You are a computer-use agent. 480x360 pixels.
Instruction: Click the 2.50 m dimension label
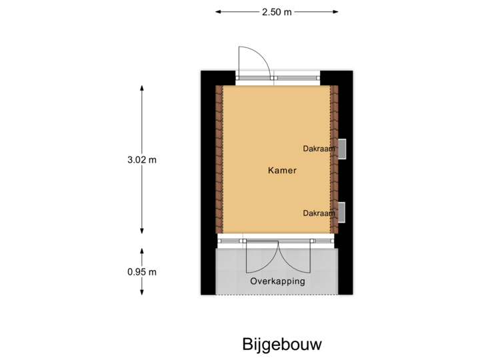(277, 11)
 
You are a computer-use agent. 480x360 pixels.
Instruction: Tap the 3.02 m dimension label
(142, 159)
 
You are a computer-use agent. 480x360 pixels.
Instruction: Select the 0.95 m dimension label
(142, 271)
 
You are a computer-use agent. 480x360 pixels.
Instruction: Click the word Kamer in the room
(282, 171)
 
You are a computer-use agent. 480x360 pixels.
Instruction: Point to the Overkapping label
(277, 281)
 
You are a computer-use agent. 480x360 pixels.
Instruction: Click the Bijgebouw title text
(282, 344)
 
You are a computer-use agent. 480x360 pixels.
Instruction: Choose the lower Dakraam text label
(319, 213)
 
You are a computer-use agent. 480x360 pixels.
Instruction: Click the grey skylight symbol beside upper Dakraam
(341, 149)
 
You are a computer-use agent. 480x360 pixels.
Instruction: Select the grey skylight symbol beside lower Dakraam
(341, 212)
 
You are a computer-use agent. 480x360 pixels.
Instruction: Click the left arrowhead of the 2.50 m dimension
(218, 11)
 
